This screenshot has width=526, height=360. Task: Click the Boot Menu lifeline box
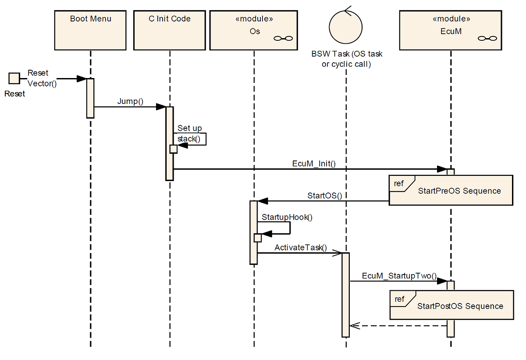(91, 30)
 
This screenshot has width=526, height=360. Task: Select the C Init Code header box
(170, 30)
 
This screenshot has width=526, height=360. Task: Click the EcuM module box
(451, 30)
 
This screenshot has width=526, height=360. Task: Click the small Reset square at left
(14, 79)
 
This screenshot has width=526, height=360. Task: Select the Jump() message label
(130, 101)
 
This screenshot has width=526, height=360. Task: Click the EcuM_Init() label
(313, 164)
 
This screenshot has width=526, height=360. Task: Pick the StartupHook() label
(287, 217)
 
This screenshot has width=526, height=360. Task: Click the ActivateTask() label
(301, 247)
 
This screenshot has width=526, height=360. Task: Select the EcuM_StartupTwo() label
(399, 276)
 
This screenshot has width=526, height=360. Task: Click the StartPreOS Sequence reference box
(451, 191)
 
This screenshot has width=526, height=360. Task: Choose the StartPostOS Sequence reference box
(451, 305)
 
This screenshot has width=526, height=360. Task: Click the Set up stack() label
(190, 134)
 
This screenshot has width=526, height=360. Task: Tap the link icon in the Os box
(283, 39)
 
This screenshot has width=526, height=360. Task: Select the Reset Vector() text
(42, 78)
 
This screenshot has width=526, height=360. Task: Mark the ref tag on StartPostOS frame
(399, 299)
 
